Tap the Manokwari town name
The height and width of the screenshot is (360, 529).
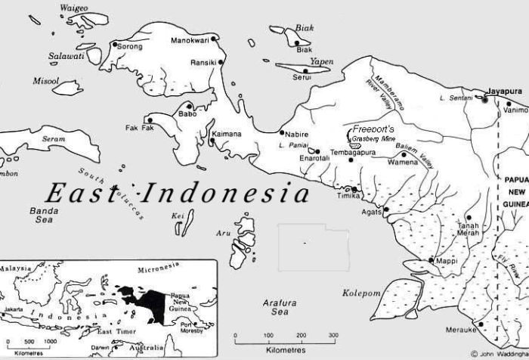pyautogui.click(x=190, y=40)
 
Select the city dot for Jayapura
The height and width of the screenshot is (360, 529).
pyautogui.click(x=486, y=98)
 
